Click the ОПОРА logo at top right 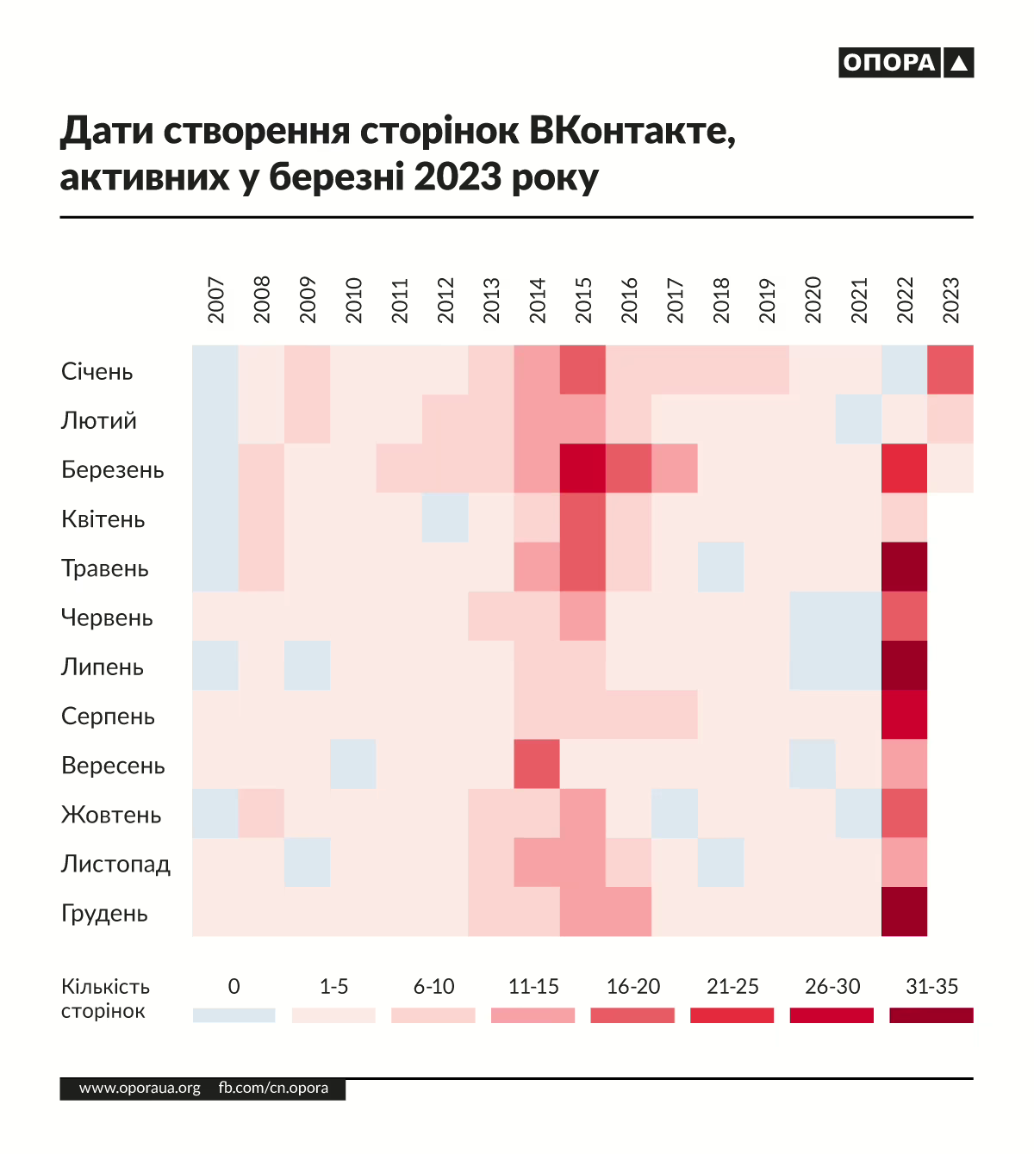[x=906, y=63]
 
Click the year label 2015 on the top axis [x=583, y=300]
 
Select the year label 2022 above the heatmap [x=905, y=300]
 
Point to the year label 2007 [x=215, y=300]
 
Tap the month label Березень [x=113, y=470]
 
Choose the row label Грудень [x=104, y=914]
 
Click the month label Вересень [x=113, y=766]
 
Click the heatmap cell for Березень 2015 [x=583, y=468]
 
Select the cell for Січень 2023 [x=950, y=370]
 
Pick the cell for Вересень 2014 [x=537, y=764]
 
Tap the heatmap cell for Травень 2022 [x=905, y=567]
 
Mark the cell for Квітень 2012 [x=445, y=518]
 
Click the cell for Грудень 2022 [x=905, y=912]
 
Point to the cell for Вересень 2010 [x=353, y=764]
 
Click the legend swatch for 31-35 [x=931, y=1015]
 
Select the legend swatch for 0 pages [x=234, y=1015]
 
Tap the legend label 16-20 [x=633, y=987]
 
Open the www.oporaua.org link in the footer [x=140, y=1089]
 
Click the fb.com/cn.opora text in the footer [x=273, y=1089]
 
